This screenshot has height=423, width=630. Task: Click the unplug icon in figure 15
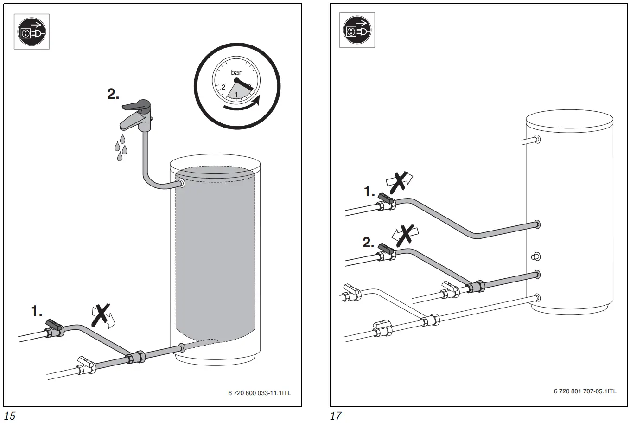32,32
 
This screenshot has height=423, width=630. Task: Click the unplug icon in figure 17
357,30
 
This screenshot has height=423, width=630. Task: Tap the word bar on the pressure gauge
236,72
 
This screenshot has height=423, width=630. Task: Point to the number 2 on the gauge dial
223,87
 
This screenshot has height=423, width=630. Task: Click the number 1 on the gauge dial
237,95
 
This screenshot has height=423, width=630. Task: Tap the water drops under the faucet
121,147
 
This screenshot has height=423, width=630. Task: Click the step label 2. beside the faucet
113,94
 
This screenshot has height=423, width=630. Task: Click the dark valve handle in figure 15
54,324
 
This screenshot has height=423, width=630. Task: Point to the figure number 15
9,416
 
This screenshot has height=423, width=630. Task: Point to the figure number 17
335,416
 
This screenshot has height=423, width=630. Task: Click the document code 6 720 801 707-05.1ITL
585,391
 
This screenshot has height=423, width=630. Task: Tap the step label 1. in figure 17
369,191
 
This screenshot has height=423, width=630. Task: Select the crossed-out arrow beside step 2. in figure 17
404,235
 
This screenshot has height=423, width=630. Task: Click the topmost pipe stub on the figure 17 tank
536,139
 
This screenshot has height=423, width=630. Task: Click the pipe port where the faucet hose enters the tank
180,184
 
